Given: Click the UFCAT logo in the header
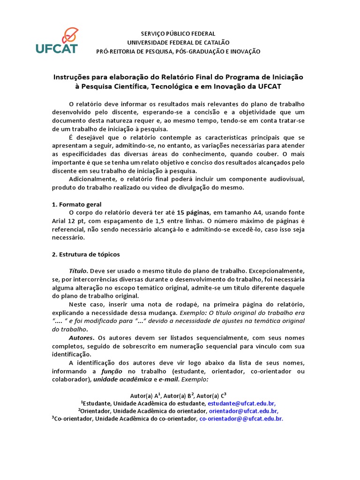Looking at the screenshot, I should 57,41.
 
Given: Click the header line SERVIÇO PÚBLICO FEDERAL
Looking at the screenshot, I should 178,34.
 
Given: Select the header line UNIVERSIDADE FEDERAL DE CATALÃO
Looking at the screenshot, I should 178,43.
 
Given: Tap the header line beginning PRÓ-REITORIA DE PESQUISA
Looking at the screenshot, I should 178,52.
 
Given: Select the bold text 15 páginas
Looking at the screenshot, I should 193,213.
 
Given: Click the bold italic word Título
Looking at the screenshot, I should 78,271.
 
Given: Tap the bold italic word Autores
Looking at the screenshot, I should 81,337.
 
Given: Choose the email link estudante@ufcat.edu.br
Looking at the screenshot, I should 241,403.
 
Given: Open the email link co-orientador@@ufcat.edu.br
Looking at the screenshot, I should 241,419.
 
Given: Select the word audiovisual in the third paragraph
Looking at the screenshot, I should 287,180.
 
